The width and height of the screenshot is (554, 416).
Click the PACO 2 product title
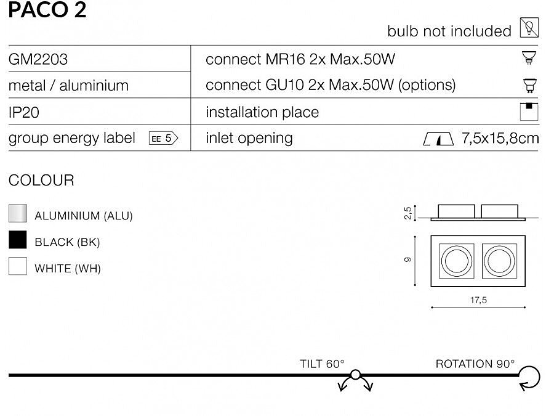tap(47, 9)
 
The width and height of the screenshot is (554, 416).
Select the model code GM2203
tap(38, 59)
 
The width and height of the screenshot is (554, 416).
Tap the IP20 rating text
tap(23, 113)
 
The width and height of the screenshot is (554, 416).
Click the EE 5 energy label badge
tap(163, 138)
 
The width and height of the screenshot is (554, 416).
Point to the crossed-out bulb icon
tap(529, 27)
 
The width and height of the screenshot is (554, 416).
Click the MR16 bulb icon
tap(529, 58)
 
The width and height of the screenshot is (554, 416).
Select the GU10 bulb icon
tap(529, 85)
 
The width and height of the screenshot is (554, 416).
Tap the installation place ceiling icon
tap(529, 112)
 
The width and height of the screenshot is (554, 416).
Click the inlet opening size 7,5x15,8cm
tap(500, 138)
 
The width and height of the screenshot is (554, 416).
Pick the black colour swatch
tap(18, 240)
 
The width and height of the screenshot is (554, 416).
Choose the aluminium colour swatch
tap(18, 213)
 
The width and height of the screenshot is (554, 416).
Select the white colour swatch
tap(18, 266)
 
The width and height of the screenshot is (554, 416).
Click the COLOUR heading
tap(41, 181)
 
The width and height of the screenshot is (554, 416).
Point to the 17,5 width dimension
tap(478, 300)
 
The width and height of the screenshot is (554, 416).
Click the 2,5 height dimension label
tap(408, 213)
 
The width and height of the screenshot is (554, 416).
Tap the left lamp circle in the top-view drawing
tap(457, 261)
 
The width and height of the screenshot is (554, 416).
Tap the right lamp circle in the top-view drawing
tap(499, 261)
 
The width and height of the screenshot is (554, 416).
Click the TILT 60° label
tap(322, 364)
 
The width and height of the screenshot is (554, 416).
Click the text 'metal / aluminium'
tap(68, 86)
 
